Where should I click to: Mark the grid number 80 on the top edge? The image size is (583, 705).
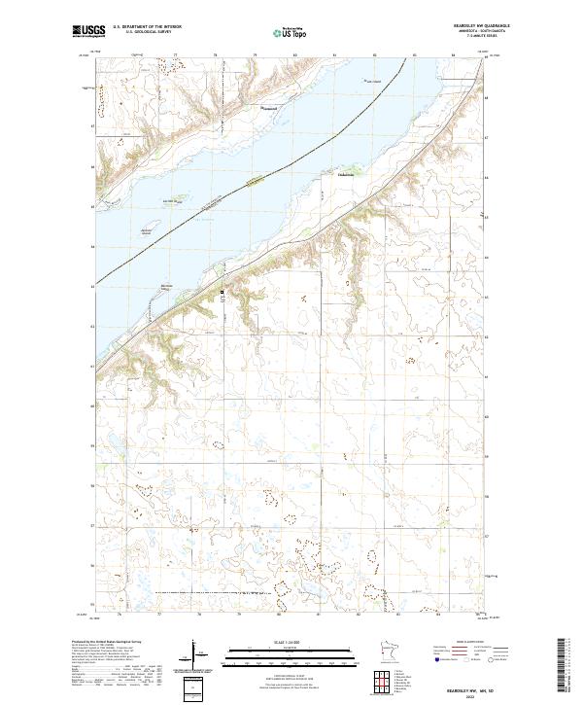coord(294,55)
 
